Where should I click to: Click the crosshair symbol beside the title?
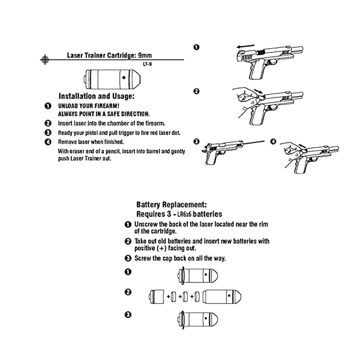click(45, 59)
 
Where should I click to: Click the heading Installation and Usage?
click(96, 96)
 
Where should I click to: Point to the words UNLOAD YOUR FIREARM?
click(89, 107)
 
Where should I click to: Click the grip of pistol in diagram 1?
click(258, 71)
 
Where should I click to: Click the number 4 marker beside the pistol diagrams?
click(273, 141)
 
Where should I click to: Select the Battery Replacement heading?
click(171, 205)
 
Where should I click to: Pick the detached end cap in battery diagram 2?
click(156, 296)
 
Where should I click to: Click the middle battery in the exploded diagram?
click(185, 296)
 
